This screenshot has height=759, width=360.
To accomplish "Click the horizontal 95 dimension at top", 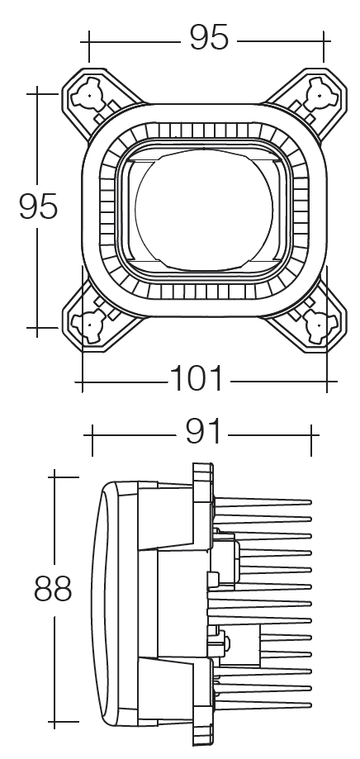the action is tap(209, 37).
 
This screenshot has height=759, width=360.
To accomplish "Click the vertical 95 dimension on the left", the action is tap(38, 206).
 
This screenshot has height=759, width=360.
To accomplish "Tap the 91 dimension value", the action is tap(203, 431).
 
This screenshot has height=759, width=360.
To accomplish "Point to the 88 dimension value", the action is tap(53, 589).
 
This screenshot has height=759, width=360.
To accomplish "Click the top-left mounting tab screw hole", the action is tap(88, 95).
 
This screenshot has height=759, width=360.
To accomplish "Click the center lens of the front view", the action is tap(204, 209).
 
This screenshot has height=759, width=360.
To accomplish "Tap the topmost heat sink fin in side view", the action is tap(262, 502).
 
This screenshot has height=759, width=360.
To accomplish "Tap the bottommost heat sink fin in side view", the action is tap(262, 704).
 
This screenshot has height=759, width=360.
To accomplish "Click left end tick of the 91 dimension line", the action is tap(92, 440).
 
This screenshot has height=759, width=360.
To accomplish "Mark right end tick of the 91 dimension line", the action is tap(311, 440).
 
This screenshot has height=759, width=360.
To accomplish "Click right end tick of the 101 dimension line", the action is tap(327, 382).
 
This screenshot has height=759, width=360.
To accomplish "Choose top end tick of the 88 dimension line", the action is tap(54, 477).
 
